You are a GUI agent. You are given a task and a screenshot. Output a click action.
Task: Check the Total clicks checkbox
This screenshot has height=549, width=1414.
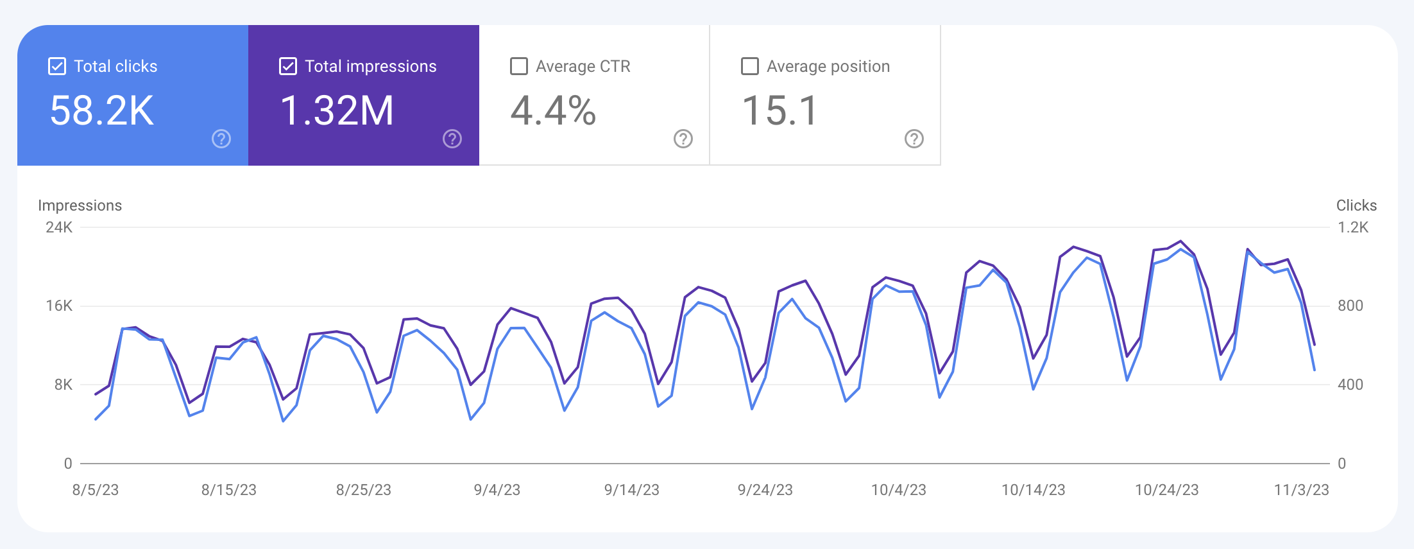(57, 66)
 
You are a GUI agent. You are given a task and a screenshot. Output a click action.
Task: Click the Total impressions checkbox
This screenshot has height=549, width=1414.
(288, 66)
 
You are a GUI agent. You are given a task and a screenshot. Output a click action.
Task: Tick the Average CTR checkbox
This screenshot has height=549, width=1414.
(519, 66)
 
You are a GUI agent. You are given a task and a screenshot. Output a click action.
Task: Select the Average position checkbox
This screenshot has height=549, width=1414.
(750, 66)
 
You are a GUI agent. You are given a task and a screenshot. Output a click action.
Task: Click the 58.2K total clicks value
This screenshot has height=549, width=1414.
(102, 110)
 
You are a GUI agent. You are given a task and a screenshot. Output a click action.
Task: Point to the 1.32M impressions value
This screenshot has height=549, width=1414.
(337, 110)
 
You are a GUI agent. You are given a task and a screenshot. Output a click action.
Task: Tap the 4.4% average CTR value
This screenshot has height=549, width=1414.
(553, 110)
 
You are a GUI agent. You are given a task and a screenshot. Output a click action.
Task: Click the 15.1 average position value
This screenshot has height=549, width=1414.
(779, 110)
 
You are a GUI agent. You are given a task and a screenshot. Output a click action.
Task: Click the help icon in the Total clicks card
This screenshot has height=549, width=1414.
(221, 139)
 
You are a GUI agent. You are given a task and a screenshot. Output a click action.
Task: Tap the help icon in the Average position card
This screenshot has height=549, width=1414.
(914, 139)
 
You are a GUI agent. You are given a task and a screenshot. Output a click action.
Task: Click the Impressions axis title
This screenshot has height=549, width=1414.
(80, 205)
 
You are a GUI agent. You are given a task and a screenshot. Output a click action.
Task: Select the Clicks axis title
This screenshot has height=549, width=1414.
(1356, 205)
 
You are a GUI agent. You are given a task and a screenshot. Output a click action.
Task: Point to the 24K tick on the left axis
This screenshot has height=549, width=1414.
(59, 227)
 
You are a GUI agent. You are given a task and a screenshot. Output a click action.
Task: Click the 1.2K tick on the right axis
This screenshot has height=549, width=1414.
(1353, 227)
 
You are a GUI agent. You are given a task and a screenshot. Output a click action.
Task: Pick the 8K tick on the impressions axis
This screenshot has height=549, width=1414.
(63, 385)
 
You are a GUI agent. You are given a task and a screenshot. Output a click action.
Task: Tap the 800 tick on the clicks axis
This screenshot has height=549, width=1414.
(1350, 306)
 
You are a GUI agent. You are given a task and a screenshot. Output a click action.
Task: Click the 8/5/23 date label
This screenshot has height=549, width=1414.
(96, 490)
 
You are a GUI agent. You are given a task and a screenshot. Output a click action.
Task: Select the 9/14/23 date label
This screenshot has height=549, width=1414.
(632, 490)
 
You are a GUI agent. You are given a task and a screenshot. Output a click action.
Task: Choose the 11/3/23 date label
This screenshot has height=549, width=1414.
(1301, 490)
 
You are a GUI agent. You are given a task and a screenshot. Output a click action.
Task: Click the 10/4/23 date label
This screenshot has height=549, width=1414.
(899, 490)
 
